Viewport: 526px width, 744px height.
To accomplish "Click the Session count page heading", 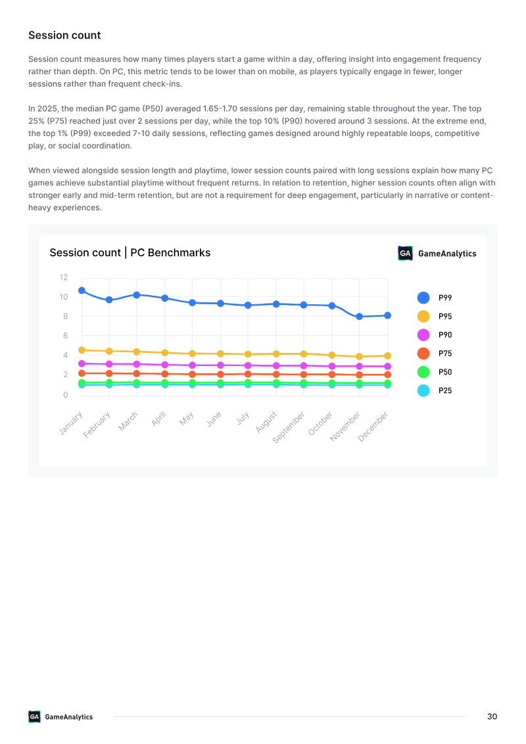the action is coord(64,35).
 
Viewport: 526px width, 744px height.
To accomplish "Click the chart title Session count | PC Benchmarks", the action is coord(130,252).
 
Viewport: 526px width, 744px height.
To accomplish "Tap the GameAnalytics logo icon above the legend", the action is coord(405,254).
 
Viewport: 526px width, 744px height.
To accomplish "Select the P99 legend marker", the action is coord(423,298).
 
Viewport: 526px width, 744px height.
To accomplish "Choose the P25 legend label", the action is coord(445,390).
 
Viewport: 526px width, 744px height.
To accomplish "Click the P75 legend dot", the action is coord(423,354).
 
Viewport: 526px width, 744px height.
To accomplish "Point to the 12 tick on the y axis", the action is coord(64,277).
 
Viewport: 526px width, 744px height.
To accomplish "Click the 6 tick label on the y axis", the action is coord(66,335).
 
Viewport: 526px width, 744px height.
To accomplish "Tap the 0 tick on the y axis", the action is coord(66,395).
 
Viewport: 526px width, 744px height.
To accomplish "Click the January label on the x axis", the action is coord(71,423).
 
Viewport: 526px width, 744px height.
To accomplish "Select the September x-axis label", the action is coord(289,427).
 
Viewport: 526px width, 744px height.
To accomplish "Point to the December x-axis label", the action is coord(373,427).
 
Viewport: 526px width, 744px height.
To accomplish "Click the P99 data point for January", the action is coord(82,291).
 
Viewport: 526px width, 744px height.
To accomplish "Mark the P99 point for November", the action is coord(360,317).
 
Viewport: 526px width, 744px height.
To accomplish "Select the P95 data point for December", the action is coord(387,356).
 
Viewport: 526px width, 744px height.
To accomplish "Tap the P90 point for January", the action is coord(82,363).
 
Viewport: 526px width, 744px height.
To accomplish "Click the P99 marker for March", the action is coord(137,294).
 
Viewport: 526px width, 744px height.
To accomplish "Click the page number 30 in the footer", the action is coord(492,716).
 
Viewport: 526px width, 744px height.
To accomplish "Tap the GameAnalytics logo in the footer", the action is coord(60,716).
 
